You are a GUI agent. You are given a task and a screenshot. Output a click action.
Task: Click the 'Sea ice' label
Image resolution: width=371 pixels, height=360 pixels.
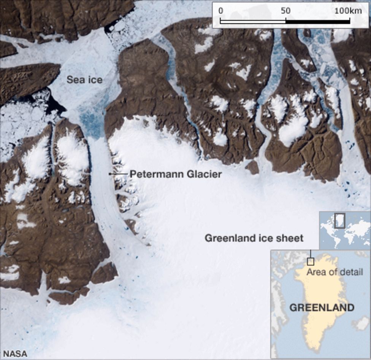pos(84,80)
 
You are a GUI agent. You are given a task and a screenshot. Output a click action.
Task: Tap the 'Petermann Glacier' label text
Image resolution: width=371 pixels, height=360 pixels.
pos(176,174)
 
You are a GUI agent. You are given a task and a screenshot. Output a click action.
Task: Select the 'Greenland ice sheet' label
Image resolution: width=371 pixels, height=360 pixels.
pos(254,238)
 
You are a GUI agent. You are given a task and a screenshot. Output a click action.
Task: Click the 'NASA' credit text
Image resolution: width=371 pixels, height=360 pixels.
pos(16,354)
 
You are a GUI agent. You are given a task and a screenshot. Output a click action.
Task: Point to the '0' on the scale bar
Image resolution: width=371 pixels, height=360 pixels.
pos(221,11)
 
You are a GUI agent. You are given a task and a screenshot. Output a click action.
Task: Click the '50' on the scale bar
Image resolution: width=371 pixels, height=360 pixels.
pos(285,11)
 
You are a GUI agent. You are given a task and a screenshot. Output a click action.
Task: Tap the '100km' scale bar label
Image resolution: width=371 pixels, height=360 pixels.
pos(348,11)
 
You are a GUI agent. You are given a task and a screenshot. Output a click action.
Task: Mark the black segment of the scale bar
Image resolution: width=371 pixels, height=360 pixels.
pos(317,21)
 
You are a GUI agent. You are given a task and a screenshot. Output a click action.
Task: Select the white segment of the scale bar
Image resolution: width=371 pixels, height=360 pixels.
pos(253,21)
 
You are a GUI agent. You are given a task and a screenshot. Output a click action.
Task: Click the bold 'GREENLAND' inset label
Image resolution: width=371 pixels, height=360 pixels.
pos(322,307)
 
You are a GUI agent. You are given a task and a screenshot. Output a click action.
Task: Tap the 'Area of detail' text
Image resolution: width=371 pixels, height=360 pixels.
pos(335,272)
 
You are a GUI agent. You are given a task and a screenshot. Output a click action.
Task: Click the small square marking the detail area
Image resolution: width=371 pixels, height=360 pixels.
pos(311,261)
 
